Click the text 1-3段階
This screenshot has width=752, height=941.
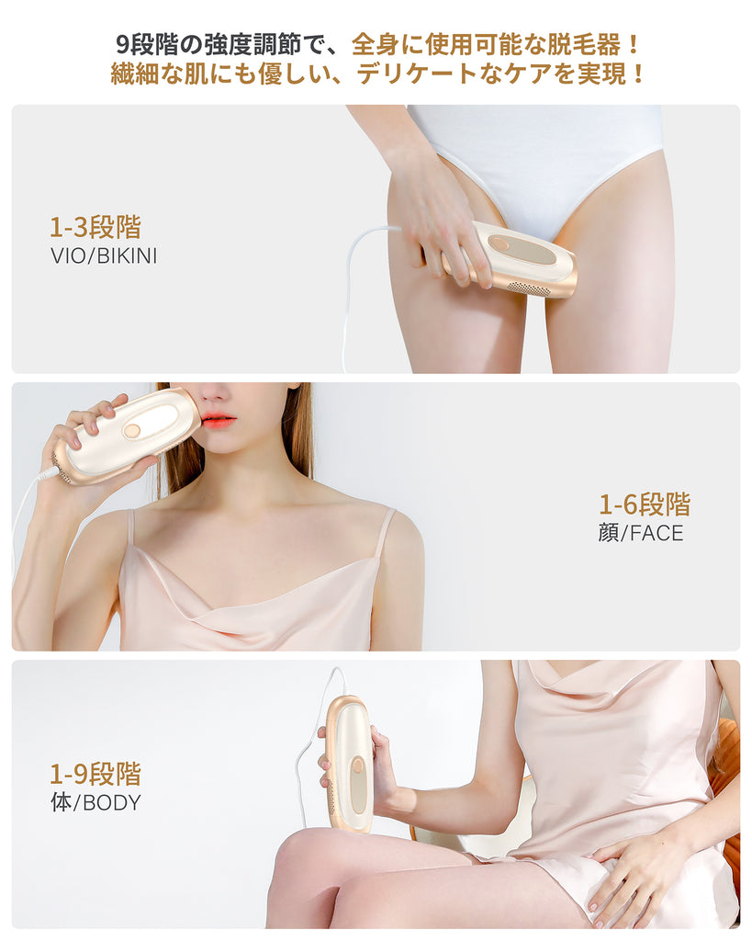[95, 228]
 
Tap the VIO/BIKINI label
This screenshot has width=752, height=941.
[104, 256]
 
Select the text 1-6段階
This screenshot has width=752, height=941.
[645, 505]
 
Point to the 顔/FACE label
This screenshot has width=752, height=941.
[641, 533]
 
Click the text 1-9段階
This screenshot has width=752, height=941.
[95, 774]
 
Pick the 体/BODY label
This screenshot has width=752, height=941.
[95, 802]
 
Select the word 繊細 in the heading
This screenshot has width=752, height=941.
[134, 74]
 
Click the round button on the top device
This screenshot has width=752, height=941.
[498, 244]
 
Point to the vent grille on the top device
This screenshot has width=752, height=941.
[528, 287]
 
